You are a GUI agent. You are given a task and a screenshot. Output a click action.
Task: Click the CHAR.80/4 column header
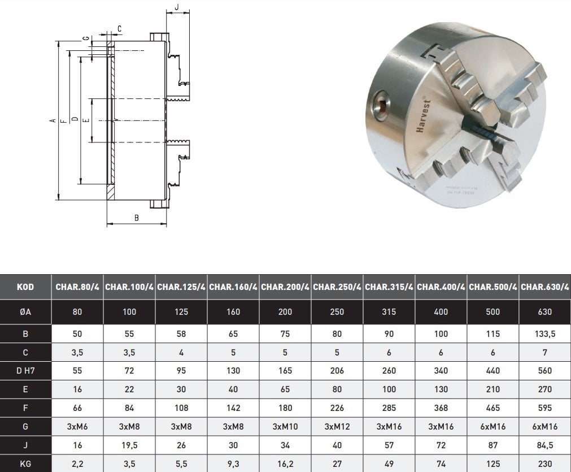(77, 287)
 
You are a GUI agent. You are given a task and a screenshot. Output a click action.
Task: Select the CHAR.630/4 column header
(545, 287)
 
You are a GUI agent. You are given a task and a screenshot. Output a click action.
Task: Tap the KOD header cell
(25, 287)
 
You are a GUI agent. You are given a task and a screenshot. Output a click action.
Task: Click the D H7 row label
(25, 371)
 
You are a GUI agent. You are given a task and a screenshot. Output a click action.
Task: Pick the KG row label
(25, 464)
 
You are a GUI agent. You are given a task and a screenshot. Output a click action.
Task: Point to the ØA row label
(25, 312)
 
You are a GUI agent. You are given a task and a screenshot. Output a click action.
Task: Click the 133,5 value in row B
(545, 334)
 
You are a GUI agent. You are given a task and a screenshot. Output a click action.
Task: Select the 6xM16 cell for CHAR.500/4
(493, 427)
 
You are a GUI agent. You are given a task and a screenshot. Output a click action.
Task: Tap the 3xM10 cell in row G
(285, 427)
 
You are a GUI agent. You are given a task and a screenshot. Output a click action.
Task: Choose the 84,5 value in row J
(545, 445)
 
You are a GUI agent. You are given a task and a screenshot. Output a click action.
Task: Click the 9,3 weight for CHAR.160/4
(233, 464)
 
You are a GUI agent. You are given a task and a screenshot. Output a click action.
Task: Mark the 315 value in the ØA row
(389, 312)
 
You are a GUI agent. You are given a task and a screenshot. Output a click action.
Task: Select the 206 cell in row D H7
(337, 371)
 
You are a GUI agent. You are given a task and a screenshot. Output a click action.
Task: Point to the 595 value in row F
(545, 408)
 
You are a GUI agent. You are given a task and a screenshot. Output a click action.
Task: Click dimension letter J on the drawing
(177, 7)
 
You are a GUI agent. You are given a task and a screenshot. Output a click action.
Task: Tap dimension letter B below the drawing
(136, 217)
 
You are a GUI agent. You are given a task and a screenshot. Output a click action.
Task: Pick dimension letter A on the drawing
(51, 120)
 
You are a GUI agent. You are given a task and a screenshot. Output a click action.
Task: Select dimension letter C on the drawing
(120, 28)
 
